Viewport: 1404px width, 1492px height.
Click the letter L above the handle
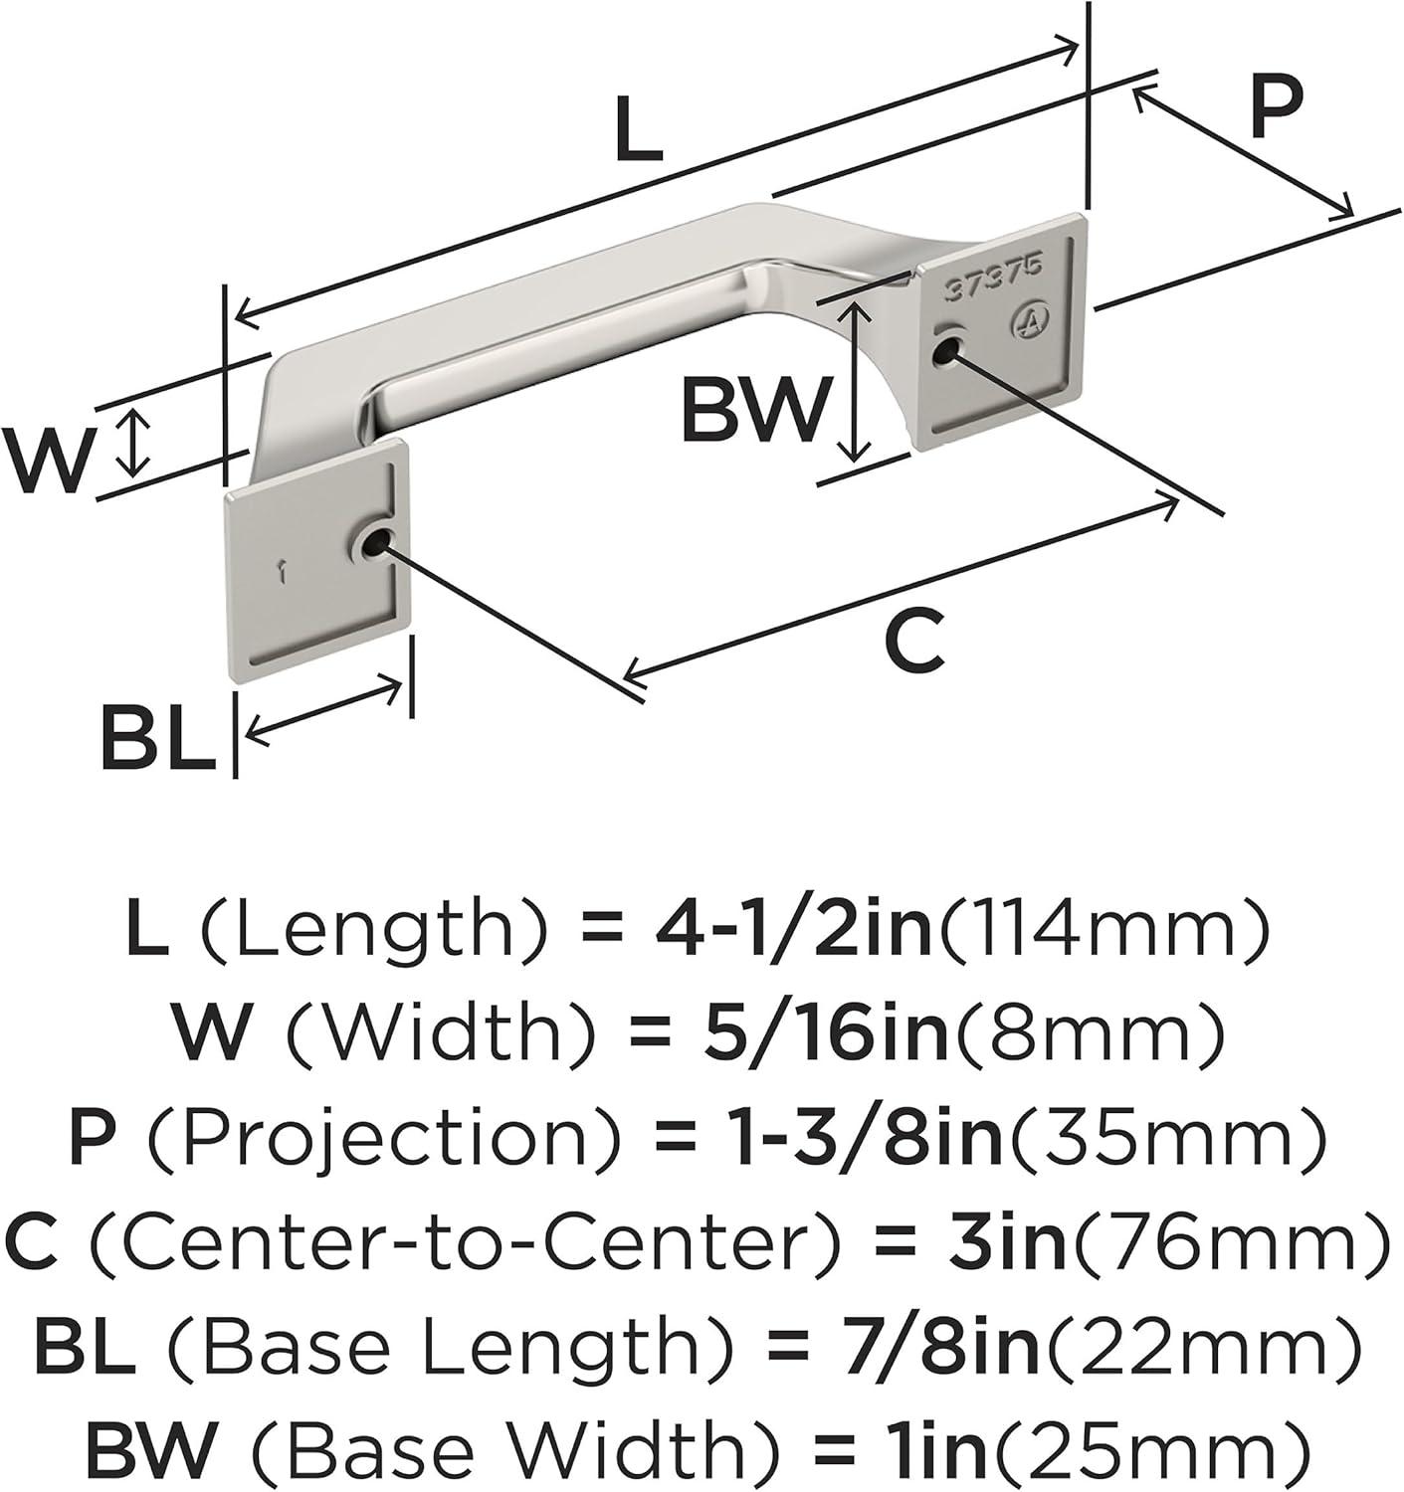coord(639,130)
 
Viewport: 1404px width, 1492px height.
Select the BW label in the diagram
coord(754,410)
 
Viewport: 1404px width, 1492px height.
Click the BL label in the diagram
coord(157,736)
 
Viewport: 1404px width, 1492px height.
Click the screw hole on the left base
coord(375,543)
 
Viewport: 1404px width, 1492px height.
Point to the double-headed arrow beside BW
coord(854,383)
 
